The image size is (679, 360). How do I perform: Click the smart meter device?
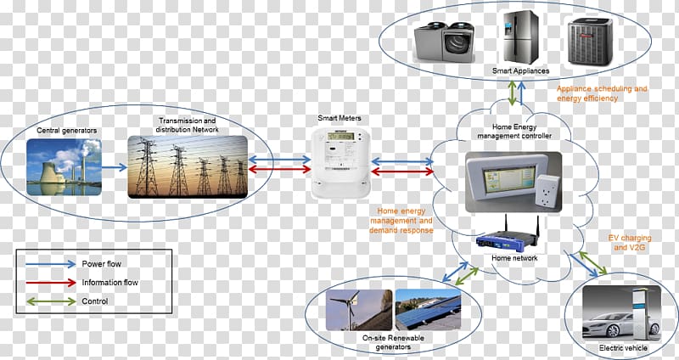point(341,163)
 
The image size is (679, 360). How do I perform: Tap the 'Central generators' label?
point(67,131)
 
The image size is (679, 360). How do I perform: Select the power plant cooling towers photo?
point(65,166)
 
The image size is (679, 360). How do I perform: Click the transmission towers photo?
point(188,166)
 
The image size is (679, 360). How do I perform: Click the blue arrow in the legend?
point(51,264)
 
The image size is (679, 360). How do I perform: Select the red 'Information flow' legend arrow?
point(51,283)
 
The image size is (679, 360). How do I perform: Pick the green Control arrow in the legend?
point(51,301)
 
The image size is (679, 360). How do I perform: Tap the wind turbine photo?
point(359,310)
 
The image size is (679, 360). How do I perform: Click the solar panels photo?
point(428,310)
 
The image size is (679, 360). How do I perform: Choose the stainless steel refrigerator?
point(519,37)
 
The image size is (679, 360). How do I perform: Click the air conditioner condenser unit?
point(590,42)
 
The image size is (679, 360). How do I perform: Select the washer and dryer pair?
point(444,41)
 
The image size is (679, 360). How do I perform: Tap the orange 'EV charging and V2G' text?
point(629,243)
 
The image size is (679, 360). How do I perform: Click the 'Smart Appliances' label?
point(520,70)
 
